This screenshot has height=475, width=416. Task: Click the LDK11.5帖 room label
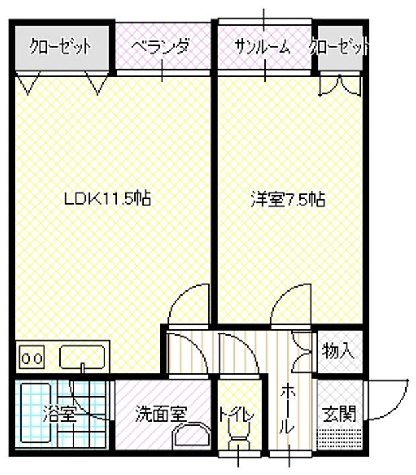107,199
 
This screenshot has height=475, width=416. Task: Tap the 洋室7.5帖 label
288,200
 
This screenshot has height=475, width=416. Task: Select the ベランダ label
160,47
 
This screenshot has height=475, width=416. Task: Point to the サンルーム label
262,47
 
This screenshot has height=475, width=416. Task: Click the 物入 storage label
338,352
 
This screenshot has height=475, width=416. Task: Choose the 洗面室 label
161,414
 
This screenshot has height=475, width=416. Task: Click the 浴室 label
59,414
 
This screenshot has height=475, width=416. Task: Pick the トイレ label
237,414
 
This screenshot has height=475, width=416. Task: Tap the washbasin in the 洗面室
191,435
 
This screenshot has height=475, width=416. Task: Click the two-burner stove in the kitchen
32,358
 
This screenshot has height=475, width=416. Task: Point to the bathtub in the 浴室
36,415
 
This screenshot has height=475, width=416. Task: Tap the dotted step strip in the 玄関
339,439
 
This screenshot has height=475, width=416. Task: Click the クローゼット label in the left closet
60,47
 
